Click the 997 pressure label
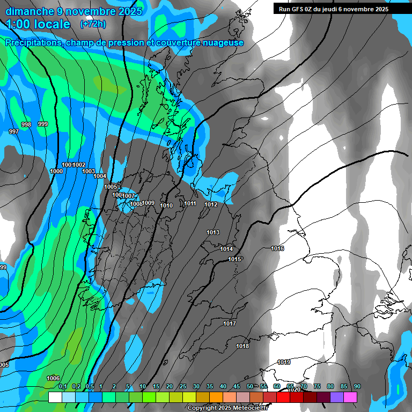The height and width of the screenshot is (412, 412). [14, 131]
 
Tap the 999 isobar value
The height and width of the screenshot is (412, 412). [43, 124]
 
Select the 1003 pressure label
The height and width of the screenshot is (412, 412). [89, 171]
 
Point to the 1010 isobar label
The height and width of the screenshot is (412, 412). [166, 205]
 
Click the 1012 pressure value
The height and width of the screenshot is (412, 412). [211, 204]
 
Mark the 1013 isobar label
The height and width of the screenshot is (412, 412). [213, 232]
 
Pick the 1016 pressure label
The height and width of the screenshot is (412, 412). [277, 248]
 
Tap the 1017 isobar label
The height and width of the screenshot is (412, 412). [230, 323]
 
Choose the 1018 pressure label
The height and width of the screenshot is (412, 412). [242, 346]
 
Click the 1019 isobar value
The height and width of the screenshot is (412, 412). [284, 363]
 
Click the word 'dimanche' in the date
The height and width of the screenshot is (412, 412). [30, 11]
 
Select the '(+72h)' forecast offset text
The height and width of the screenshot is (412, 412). [93, 24]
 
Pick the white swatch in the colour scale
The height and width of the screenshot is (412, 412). [55, 397]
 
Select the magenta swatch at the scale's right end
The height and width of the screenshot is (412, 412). [350, 397]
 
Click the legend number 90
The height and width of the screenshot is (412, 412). [357, 387]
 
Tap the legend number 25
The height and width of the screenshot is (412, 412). [183, 387]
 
